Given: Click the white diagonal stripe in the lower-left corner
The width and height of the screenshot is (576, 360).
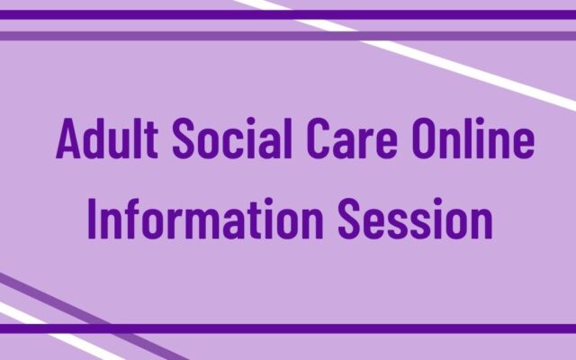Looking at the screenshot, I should pos(36,320).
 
